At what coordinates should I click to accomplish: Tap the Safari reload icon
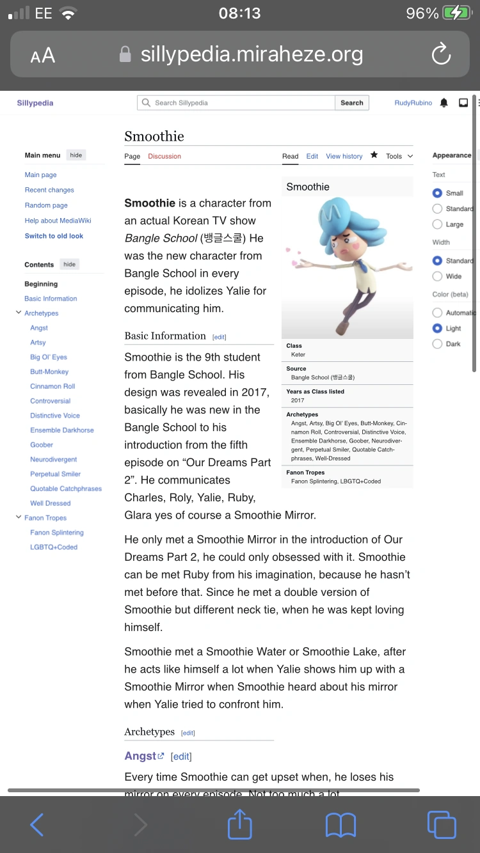tap(441, 55)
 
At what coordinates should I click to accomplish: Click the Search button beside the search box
tap(351, 103)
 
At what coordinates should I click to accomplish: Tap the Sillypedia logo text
tap(35, 103)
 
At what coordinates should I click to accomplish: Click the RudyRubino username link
tap(413, 103)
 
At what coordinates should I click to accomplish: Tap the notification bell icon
tap(444, 103)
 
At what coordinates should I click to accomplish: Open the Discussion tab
tap(164, 156)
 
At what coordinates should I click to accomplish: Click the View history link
tap(344, 156)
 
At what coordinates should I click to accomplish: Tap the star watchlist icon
tap(374, 155)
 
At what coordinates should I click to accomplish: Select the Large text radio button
tap(438, 224)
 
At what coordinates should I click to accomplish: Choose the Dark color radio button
tap(438, 344)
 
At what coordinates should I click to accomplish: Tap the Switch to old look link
tap(54, 236)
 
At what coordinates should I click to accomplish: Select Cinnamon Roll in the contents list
tap(52, 386)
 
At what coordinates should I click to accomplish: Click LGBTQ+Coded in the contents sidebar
tap(54, 547)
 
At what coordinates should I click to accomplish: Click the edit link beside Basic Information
tap(220, 337)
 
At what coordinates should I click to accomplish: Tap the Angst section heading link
tap(141, 756)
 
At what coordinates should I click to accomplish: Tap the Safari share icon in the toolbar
tap(240, 825)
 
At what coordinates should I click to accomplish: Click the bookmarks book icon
tap(340, 825)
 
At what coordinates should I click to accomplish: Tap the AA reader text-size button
tap(43, 56)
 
